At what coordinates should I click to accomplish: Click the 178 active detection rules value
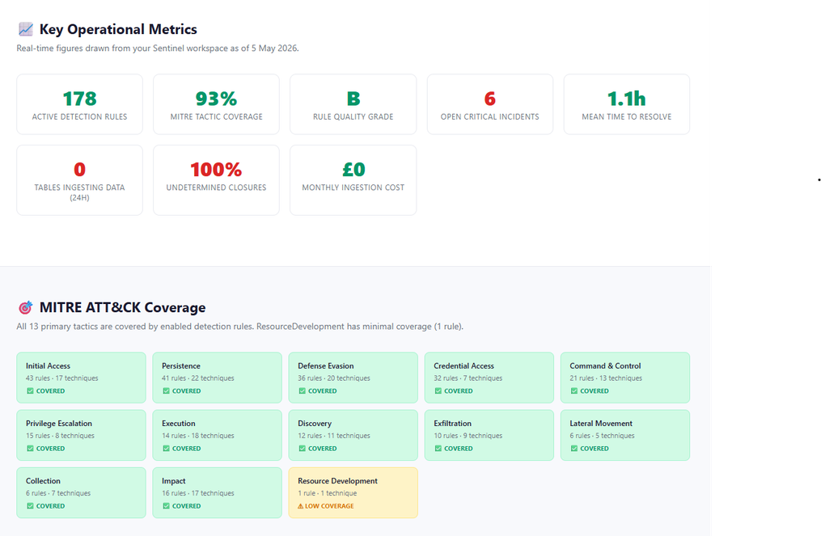(x=79, y=99)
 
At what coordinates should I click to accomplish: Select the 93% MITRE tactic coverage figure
(x=216, y=99)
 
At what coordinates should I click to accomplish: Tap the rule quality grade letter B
(x=353, y=99)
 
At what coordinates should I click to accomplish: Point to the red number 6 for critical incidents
(x=490, y=99)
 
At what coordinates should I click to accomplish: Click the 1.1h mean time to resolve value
(x=626, y=99)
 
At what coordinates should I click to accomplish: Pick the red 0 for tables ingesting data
(x=79, y=170)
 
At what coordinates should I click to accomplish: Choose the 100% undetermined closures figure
(x=216, y=170)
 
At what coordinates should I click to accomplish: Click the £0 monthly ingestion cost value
(x=353, y=170)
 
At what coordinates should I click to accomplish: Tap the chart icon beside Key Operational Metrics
(x=26, y=29)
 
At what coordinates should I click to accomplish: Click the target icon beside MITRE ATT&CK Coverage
(x=26, y=307)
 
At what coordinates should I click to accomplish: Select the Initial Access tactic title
(x=49, y=366)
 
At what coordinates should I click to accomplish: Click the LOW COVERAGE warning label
(x=329, y=506)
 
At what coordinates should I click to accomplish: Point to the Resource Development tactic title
(x=338, y=481)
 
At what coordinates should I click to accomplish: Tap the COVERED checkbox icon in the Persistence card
(x=166, y=391)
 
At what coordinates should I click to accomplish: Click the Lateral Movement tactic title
(x=601, y=424)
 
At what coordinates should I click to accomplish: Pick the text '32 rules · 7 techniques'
(x=468, y=378)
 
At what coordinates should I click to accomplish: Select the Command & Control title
(x=605, y=366)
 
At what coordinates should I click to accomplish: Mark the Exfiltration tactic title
(x=452, y=424)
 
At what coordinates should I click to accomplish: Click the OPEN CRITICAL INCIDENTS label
(x=490, y=116)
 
